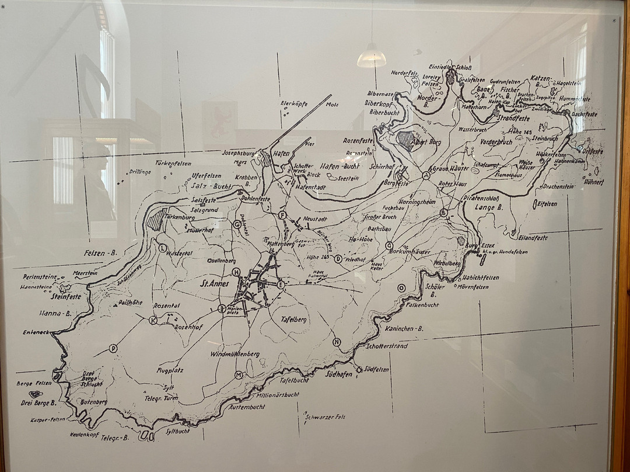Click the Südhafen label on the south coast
[x=338, y=374]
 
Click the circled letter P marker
[x=113, y=349]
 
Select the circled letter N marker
[x=337, y=342]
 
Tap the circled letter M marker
[x=238, y=374]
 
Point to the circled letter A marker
[x=426, y=175]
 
